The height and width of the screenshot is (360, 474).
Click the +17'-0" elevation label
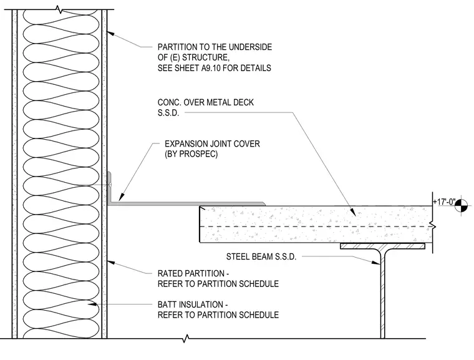tap(444, 202)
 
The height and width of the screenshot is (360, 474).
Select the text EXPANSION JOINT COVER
tap(212, 144)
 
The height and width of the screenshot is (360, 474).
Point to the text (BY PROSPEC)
tap(191, 154)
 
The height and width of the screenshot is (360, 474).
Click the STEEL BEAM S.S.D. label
tap(261, 257)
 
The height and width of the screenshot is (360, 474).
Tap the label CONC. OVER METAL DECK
tap(206, 102)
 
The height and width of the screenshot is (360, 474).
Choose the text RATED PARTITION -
tap(193, 273)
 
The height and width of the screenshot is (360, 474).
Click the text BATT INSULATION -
tap(193, 304)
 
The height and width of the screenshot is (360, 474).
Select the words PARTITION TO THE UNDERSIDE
tap(215, 47)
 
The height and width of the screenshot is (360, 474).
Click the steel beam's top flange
tap(382, 246)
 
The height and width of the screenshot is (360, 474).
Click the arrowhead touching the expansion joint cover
tap(121, 197)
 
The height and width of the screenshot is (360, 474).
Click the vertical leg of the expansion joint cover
tap(109, 188)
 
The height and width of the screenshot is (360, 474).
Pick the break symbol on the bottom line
tap(186, 339)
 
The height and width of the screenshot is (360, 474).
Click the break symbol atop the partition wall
tap(60, 9)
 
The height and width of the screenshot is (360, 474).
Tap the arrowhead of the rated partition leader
tap(111, 262)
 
